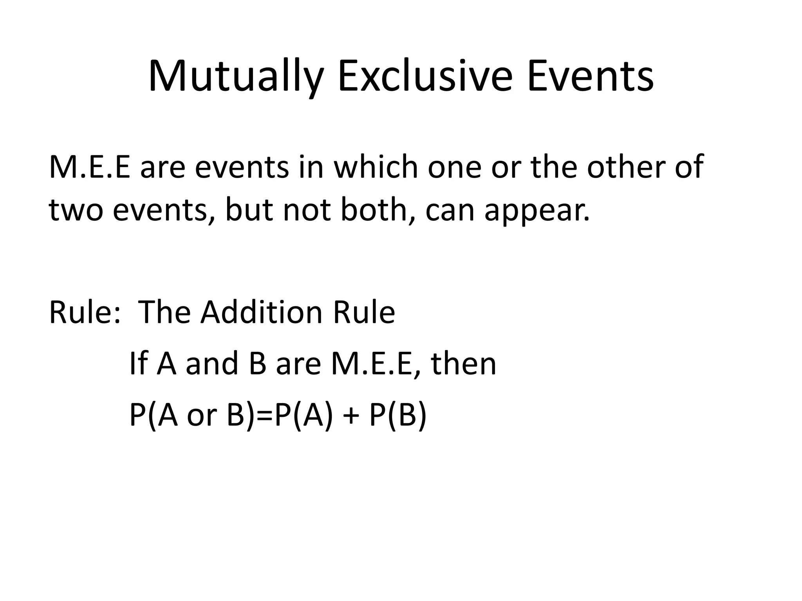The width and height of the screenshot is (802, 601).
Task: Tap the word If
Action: click(x=138, y=363)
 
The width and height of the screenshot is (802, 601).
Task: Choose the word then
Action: click(x=464, y=363)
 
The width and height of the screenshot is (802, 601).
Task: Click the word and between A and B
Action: click(x=212, y=363)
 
